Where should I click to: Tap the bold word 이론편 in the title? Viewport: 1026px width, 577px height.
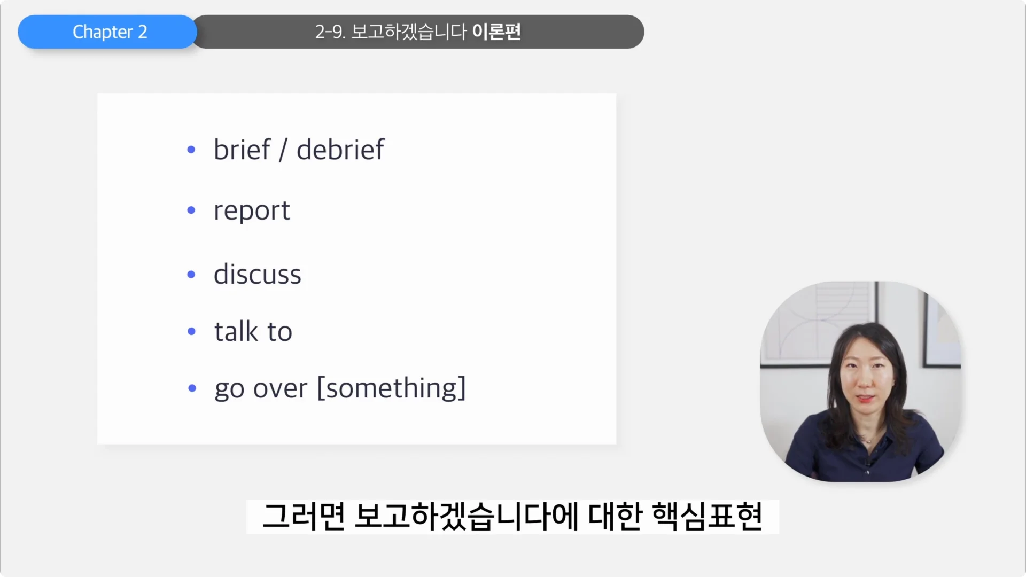pos(496,32)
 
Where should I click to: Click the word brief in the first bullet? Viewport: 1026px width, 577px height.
pos(242,150)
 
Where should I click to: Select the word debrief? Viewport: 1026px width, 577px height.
pos(340,150)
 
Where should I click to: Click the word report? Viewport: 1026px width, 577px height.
pos(252,210)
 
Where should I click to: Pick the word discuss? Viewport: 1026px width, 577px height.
pos(258,275)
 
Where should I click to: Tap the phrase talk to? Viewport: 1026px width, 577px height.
pos(253,332)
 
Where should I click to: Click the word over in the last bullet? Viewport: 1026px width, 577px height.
pos(280,388)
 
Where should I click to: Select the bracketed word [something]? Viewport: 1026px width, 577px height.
pos(392,388)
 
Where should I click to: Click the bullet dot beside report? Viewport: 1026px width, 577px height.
pos(191,210)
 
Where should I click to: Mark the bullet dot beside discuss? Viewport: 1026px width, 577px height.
pos(191,275)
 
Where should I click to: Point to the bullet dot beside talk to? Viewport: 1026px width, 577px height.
pos(192,332)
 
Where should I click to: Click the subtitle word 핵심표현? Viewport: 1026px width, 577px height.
pos(707,517)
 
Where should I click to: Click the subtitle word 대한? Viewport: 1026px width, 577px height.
pos(615,517)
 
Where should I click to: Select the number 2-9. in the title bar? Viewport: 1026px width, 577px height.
pos(330,32)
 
